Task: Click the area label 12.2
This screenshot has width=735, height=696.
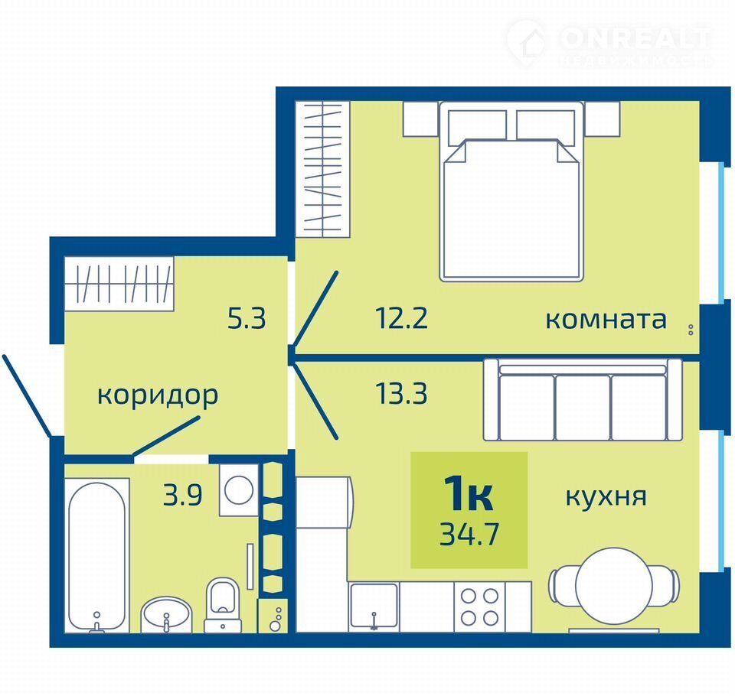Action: [x=401, y=318]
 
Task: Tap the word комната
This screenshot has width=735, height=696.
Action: [x=606, y=320]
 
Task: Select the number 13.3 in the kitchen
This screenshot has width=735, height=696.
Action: [x=401, y=393]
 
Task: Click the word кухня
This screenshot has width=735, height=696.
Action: [x=606, y=497]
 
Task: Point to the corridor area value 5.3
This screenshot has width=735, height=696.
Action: [x=247, y=318]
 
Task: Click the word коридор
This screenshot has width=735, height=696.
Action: [x=158, y=395]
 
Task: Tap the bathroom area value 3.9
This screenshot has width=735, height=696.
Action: [x=182, y=495]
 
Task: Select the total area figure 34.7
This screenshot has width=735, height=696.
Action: [x=469, y=534]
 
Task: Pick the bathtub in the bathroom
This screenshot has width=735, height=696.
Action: [x=97, y=555]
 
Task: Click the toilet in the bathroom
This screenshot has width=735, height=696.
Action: [x=222, y=605]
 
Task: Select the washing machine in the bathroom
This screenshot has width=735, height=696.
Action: [x=239, y=490]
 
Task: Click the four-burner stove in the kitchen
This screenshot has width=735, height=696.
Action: [x=479, y=607]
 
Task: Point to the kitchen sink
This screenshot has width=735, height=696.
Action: [x=374, y=607]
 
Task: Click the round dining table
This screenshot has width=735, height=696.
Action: [x=614, y=585]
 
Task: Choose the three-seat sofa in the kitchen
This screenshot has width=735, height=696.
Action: [x=583, y=400]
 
